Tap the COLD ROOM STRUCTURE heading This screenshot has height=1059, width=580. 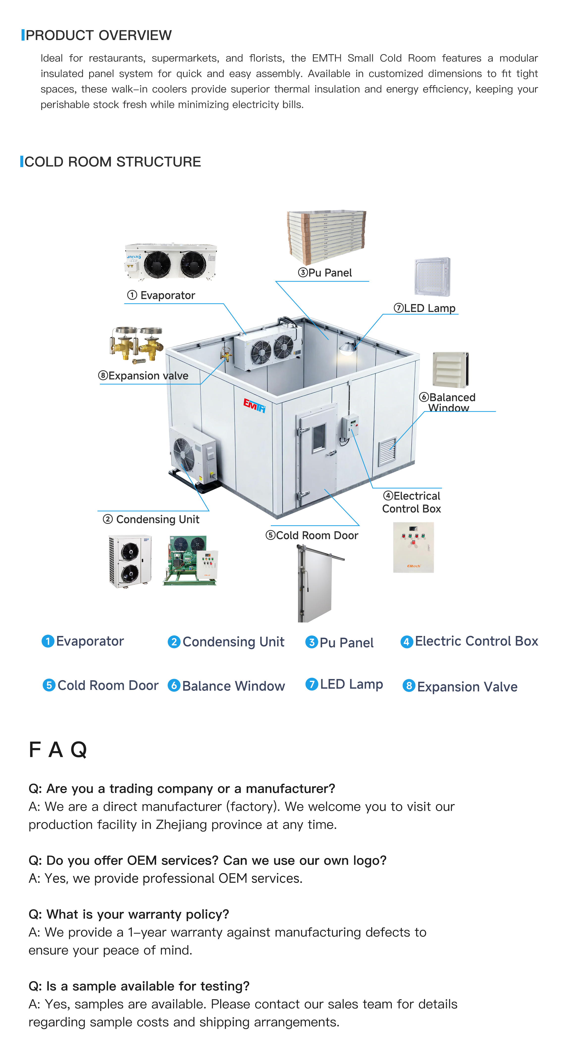click(x=112, y=162)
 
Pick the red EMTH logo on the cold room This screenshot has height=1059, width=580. click(x=254, y=405)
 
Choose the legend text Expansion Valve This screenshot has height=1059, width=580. click(x=467, y=686)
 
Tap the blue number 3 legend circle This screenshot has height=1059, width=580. click(x=311, y=642)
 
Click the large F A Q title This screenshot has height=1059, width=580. click(x=58, y=749)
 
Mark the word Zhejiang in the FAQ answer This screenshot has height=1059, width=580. click(x=181, y=824)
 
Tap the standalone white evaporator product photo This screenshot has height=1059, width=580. click(x=171, y=261)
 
